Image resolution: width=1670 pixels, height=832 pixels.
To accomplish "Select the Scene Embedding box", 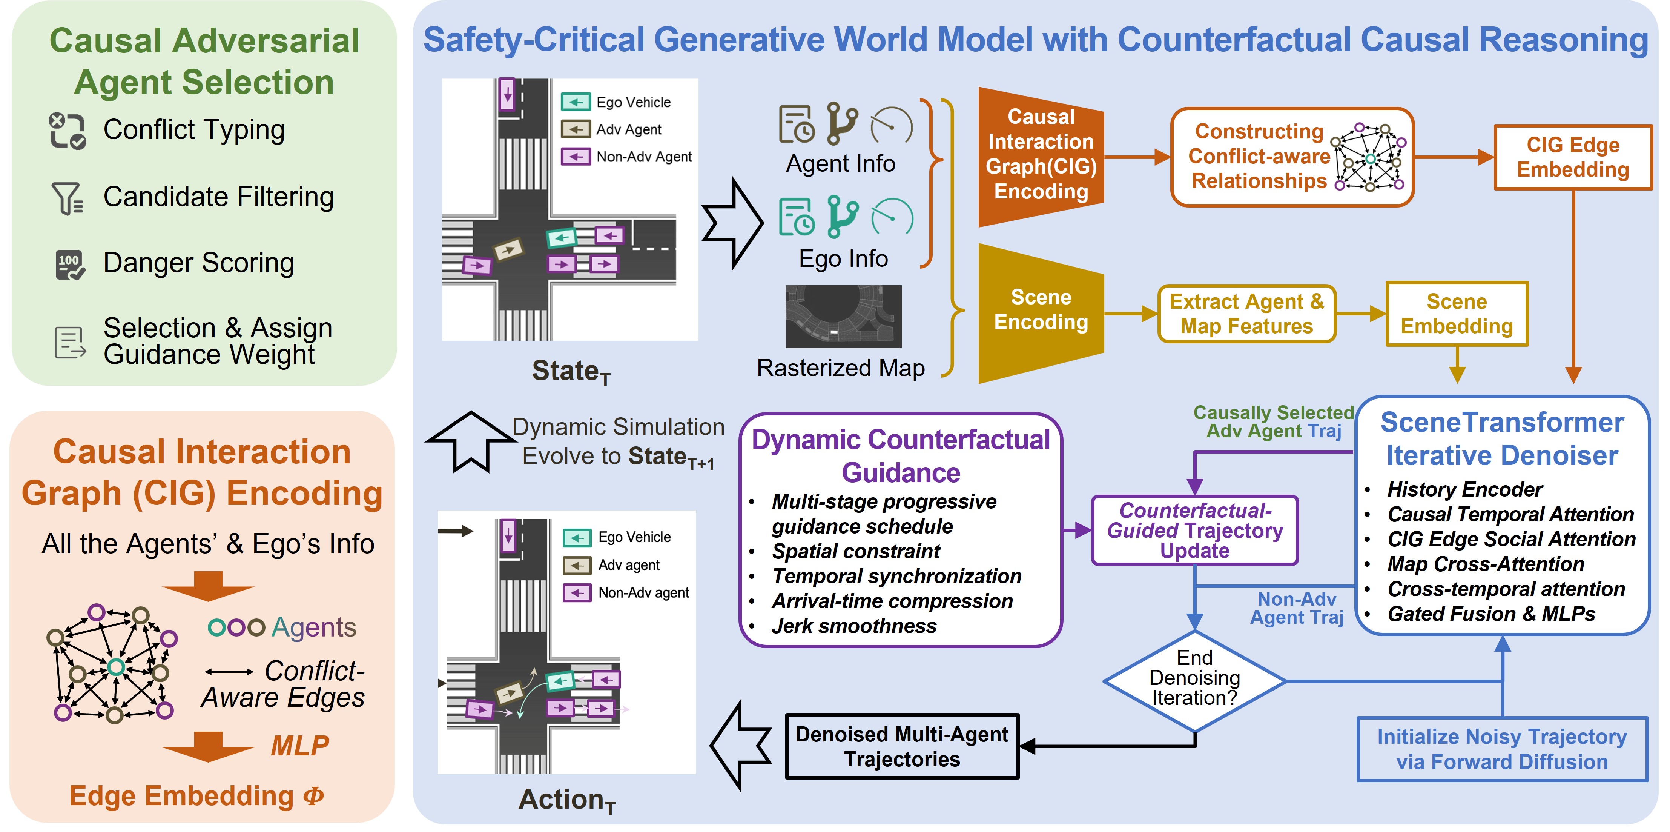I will (1456, 314).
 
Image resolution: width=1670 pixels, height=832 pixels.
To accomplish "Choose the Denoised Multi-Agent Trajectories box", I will (902, 746).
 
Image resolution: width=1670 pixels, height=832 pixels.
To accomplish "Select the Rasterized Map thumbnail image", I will (843, 317).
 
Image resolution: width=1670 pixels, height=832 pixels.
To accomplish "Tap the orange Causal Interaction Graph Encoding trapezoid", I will (1041, 155).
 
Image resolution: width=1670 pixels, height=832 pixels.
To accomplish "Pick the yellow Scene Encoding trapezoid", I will (1041, 311).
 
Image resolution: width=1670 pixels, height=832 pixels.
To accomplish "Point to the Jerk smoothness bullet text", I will (854, 626).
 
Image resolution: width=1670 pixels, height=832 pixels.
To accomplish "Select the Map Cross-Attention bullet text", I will (1485, 564).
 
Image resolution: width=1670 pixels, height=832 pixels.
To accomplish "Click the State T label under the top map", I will (571, 372).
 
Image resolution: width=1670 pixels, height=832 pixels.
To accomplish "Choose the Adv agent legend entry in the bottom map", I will (612, 566).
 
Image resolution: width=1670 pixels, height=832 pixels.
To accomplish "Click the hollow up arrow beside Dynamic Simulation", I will (470, 441).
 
